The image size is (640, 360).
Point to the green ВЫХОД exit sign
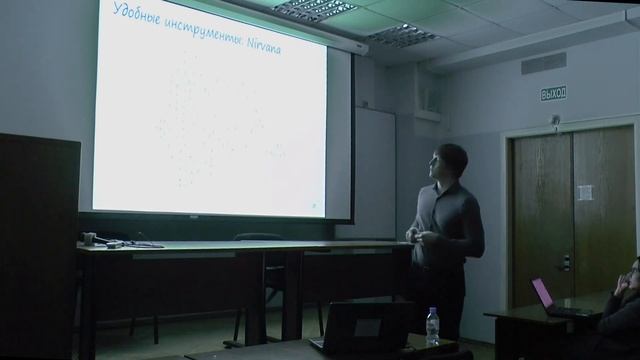553,94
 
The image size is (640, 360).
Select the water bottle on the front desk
432,326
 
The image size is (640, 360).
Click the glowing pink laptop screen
543,293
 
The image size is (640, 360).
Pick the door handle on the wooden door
566,262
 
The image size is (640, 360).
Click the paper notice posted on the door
585,192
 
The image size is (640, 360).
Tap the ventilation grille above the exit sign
543,64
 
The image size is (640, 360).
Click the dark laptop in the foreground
361,325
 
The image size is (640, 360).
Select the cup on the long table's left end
89,239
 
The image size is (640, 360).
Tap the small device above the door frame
555,121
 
